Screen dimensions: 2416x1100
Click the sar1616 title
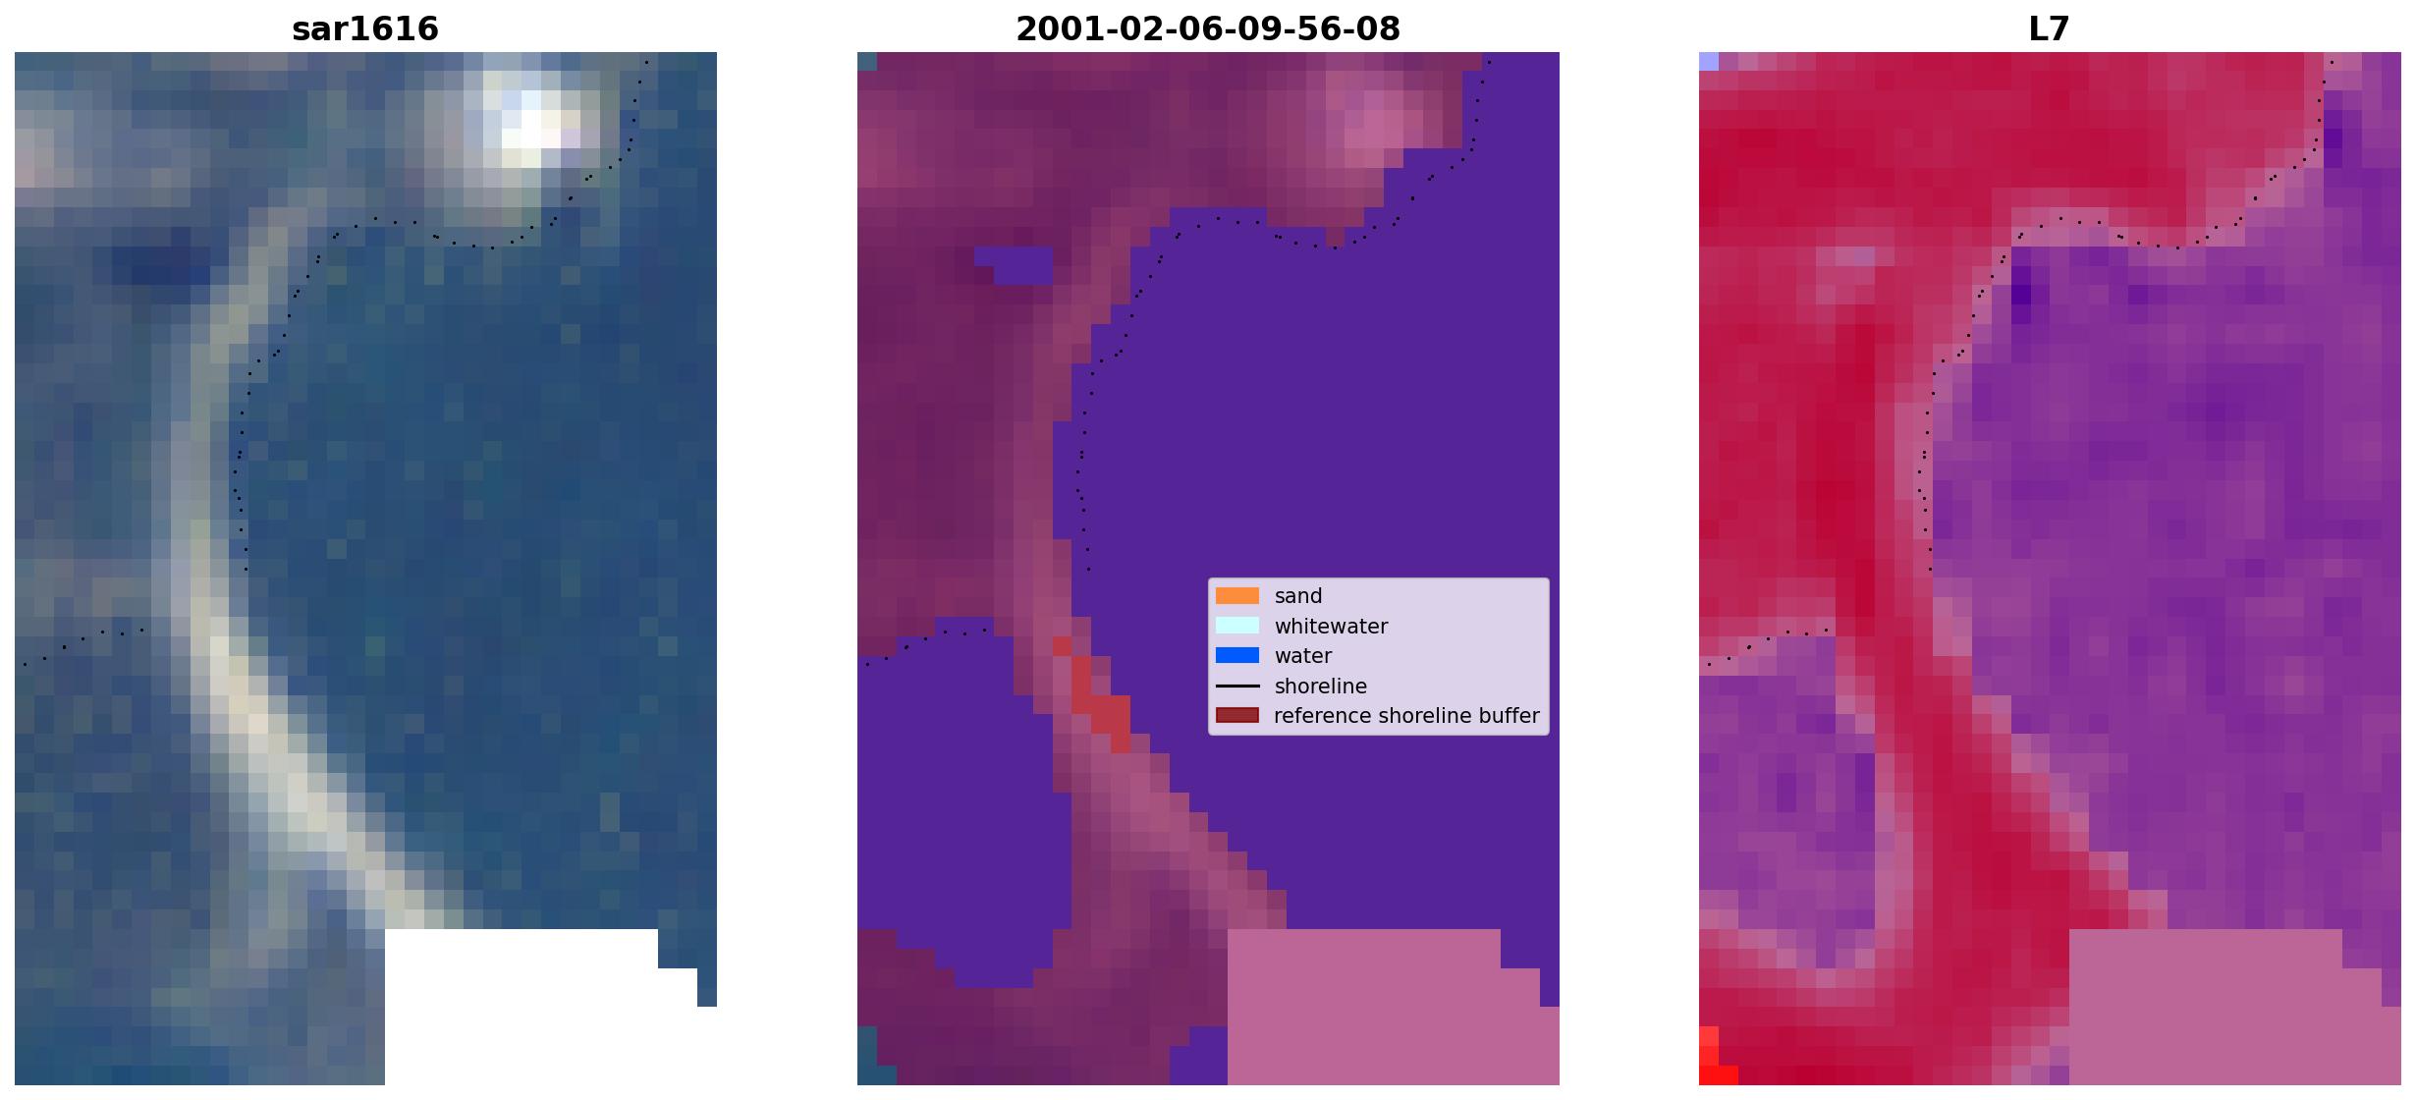point(365,29)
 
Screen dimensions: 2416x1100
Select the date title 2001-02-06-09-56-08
point(1208,29)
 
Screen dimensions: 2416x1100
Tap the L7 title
point(2050,29)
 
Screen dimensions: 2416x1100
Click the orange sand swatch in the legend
point(1237,595)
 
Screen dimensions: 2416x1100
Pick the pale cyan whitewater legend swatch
point(1237,626)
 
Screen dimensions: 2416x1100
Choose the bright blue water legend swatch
point(1237,655)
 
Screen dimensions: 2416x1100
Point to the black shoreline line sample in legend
point(1237,686)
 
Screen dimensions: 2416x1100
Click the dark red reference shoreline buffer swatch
point(1237,715)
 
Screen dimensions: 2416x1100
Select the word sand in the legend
point(1298,596)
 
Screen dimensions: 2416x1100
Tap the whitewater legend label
point(1331,627)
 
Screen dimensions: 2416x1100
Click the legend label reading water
point(1303,656)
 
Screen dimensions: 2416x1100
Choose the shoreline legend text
point(1321,687)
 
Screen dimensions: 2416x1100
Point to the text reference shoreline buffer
point(1406,716)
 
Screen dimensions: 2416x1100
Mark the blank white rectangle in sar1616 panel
point(521,1007)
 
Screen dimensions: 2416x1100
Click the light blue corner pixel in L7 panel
point(1709,61)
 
